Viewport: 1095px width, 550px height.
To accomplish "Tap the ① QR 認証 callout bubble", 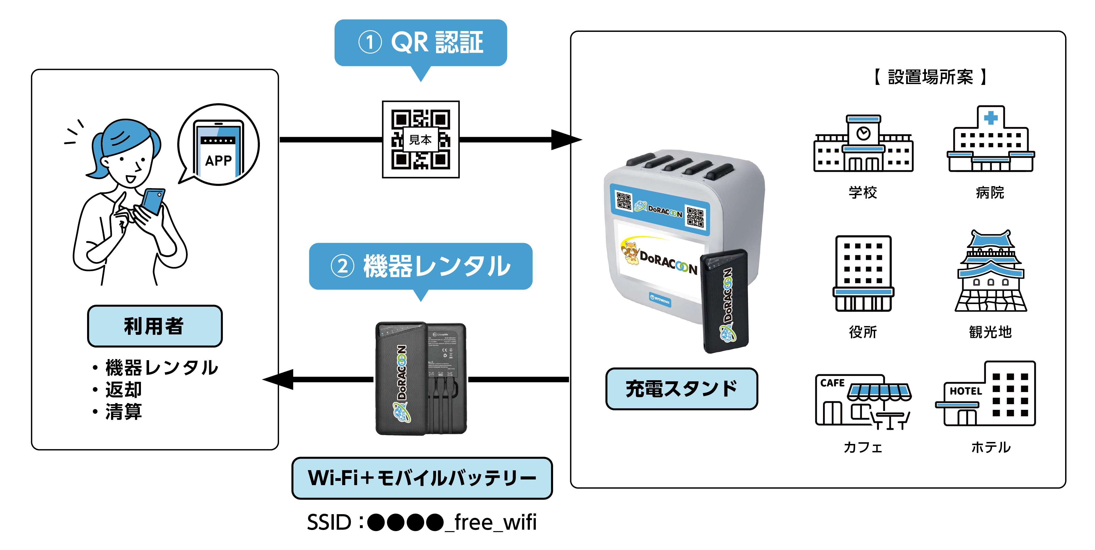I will coord(421,43).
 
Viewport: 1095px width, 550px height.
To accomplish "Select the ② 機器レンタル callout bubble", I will coord(421,266).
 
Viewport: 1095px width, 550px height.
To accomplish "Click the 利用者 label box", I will coord(155,326).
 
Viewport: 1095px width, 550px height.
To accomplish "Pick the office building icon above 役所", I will coord(863,274).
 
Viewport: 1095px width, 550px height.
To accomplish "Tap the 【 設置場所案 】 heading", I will coord(930,77).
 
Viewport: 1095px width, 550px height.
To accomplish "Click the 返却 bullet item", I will coord(123,389).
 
